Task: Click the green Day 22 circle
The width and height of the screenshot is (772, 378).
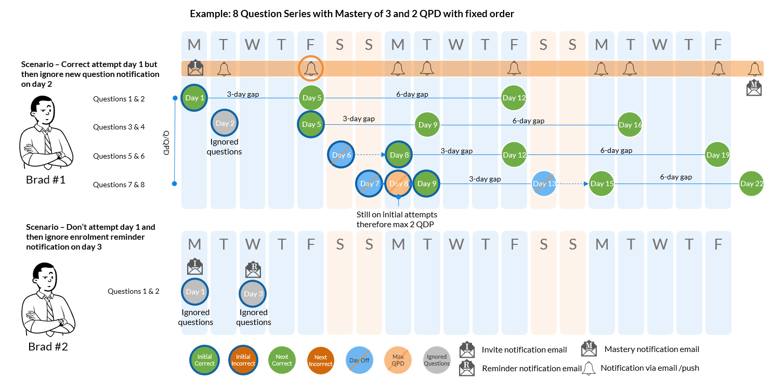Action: tap(751, 184)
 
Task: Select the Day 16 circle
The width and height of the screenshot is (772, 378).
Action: tap(630, 125)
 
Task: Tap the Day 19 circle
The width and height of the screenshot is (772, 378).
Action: tap(718, 155)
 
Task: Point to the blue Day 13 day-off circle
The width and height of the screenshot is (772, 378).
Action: tap(544, 184)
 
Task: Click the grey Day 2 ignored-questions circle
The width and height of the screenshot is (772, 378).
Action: tap(225, 124)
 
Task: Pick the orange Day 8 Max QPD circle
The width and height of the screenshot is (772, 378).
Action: tap(398, 184)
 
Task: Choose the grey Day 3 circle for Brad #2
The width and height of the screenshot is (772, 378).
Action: tap(253, 294)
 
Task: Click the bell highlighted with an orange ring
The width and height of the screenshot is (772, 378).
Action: tap(311, 68)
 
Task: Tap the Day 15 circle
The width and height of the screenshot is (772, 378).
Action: tap(601, 184)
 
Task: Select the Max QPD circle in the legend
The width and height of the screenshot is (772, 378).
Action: tap(398, 360)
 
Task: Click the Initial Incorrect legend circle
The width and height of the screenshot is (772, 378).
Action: tap(243, 360)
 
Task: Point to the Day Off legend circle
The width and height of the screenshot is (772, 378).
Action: tap(359, 360)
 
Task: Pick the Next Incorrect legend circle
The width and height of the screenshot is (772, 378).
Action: tap(320, 360)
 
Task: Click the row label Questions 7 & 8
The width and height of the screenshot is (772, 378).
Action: tap(119, 185)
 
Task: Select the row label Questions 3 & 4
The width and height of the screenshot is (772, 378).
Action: tap(119, 127)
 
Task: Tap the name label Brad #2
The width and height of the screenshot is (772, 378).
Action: tap(47, 346)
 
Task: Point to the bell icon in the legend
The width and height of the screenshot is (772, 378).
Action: tap(589, 368)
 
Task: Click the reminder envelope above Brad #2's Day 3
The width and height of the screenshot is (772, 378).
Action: tap(253, 269)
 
